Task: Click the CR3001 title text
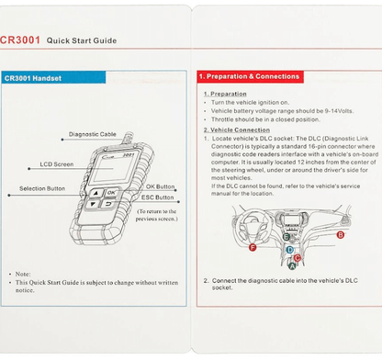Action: (x=20, y=40)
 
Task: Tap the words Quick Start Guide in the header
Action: (x=82, y=41)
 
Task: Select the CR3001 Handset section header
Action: (x=32, y=78)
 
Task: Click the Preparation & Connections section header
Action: (x=249, y=76)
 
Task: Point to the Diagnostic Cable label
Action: (x=93, y=134)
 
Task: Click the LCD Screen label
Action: (x=56, y=164)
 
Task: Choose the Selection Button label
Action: (x=42, y=188)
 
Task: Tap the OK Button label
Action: (x=160, y=186)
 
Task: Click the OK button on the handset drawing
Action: (x=110, y=193)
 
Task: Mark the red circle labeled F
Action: (x=253, y=247)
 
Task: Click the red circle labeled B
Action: (x=340, y=234)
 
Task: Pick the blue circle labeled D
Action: (x=288, y=249)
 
